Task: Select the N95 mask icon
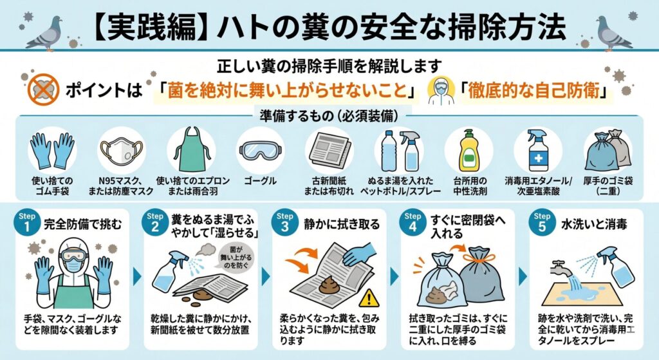coord(120,151)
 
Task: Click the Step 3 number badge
coord(284,222)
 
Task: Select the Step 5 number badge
coord(542,222)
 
